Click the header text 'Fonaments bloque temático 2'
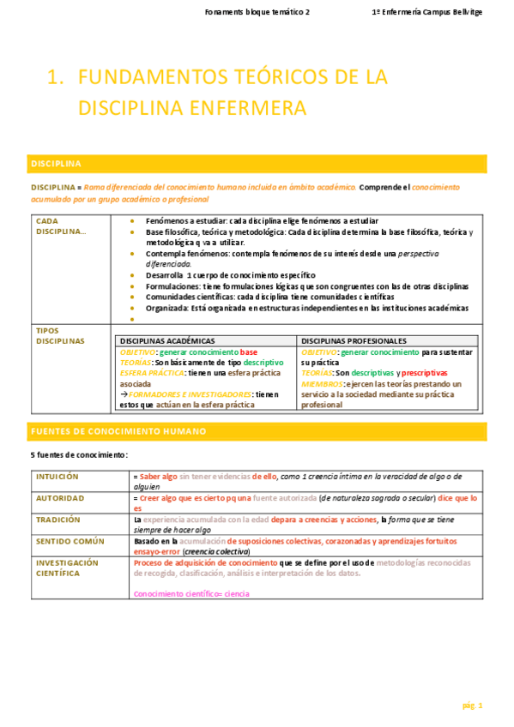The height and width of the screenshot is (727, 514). [x=258, y=13]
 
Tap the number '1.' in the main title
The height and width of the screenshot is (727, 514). [x=57, y=78]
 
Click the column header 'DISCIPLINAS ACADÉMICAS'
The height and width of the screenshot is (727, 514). [x=168, y=340]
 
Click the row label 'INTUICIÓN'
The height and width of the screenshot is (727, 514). [x=57, y=475]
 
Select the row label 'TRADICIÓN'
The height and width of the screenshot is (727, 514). [x=57, y=519]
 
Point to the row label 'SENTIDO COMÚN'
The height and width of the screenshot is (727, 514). [x=70, y=541]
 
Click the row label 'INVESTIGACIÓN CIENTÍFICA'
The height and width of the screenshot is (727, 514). [x=67, y=568]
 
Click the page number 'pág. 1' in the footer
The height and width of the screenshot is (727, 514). [x=473, y=706]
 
